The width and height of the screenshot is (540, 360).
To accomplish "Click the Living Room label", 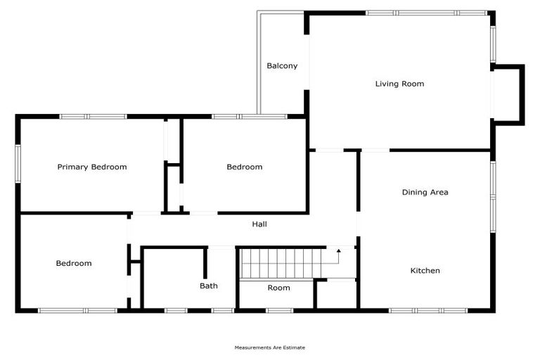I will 399,84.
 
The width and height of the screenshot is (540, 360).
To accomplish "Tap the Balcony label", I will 282,66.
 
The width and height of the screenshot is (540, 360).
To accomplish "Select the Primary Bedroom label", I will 92,167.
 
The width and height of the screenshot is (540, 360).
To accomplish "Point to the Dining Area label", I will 425,192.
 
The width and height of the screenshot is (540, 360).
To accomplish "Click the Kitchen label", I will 425,271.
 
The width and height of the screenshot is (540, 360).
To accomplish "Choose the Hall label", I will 259,224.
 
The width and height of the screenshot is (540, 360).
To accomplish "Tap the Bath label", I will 209,286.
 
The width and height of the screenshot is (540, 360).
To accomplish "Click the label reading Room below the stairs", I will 278,288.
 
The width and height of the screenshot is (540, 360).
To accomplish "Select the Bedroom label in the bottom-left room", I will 74,264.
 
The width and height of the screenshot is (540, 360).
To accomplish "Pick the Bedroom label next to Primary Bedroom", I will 244,167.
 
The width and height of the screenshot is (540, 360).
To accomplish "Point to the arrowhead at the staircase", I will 338,250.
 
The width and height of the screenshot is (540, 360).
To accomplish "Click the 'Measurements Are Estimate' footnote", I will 270,347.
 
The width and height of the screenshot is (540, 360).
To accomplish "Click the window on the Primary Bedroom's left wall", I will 18,163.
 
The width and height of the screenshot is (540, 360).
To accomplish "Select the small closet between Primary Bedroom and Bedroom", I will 173,188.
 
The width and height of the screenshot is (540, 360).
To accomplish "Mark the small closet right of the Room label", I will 335,294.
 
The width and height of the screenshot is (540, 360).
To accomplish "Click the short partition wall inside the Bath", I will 205,263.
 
